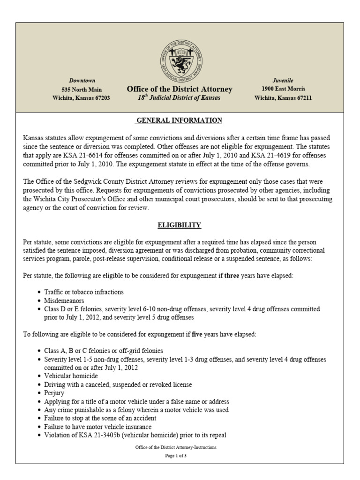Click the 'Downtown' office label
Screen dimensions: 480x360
pyautogui.click(x=82, y=81)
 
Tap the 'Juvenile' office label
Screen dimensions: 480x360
pyautogui.click(x=283, y=81)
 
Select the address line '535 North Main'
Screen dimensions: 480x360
pyautogui.click(x=82, y=90)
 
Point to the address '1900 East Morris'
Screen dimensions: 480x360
pyautogui.click(x=283, y=89)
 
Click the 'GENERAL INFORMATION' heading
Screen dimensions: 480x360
pyautogui.click(x=179, y=120)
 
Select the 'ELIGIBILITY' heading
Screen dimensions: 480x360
pyautogui.click(x=179, y=225)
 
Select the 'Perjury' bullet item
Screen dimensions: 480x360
pyautogui.click(x=55, y=393)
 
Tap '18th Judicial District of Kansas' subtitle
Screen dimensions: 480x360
pyautogui.click(x=180, y=98)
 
